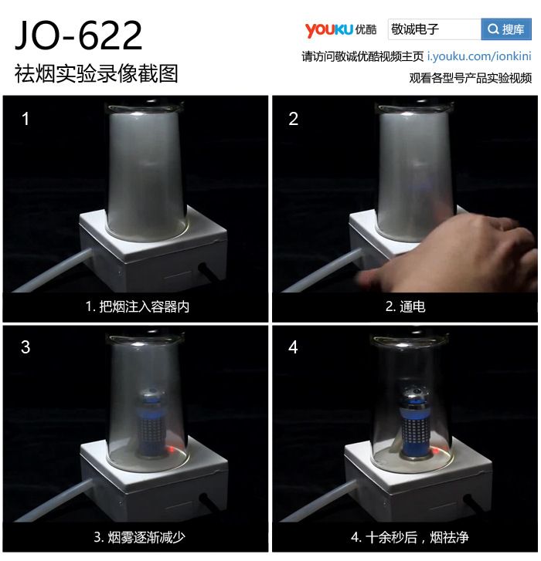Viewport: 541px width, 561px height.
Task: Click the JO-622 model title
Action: point(78,35)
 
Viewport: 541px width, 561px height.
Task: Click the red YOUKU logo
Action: point(329,29)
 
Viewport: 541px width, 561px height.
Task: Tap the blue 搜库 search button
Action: point(506,29)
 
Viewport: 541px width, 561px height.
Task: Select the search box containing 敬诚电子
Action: point(434,29)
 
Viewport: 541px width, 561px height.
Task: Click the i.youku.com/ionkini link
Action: point(479,56)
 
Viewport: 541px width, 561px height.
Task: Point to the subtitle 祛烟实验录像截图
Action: point(96,73)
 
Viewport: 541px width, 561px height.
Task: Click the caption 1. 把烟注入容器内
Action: point(137,306)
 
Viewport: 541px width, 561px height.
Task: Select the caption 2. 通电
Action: point(405,306)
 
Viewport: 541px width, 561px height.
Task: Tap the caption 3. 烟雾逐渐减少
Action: point(139,537)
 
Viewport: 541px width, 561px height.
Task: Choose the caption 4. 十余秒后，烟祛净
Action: point(410,537)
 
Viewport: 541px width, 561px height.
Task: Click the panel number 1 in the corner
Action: point(25,119)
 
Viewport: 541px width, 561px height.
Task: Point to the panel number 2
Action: point(293,119)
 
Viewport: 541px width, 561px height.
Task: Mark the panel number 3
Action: point(26,347)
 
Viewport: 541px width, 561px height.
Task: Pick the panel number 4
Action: point(293,347)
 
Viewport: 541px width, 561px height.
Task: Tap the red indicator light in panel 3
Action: point(172,449)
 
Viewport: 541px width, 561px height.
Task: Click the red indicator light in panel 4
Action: point(437,451)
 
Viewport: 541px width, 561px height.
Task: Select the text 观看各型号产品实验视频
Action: point(471,78)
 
